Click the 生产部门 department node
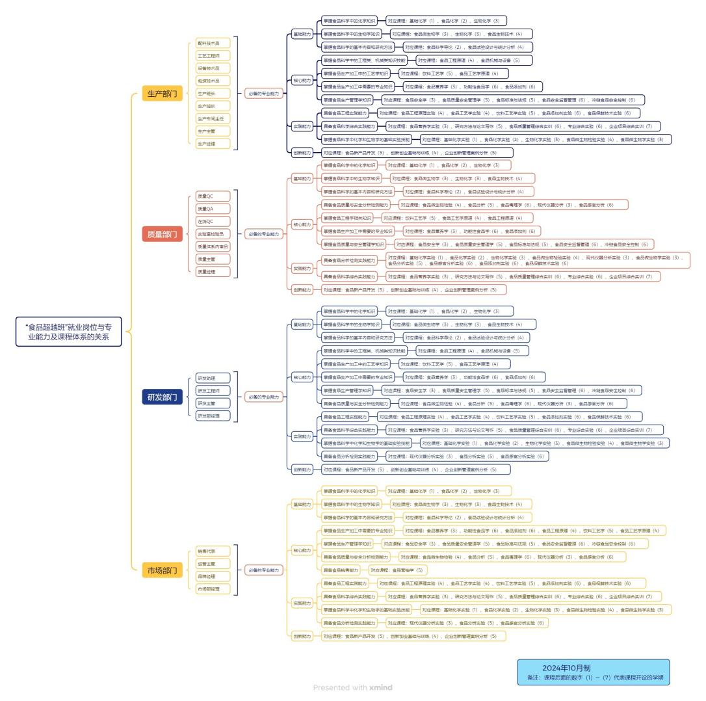(162, 94)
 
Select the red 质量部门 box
(162, 234)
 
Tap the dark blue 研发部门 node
(162, 397)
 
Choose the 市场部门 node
(162, 571)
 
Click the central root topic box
(69, 332)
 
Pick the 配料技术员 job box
(213, 43)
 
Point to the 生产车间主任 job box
(213, 119)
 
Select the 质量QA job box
(213, 209)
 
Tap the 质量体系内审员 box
(213, 246)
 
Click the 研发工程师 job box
(213, 391)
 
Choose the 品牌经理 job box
(213, 576)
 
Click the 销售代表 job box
(213, 551)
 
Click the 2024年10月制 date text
(566, 668)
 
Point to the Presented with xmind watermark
(352, 687)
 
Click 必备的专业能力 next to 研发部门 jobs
(263, 397)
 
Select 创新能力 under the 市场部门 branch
(302, 635)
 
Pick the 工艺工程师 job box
(213, 56)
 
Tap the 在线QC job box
(213, 221)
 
